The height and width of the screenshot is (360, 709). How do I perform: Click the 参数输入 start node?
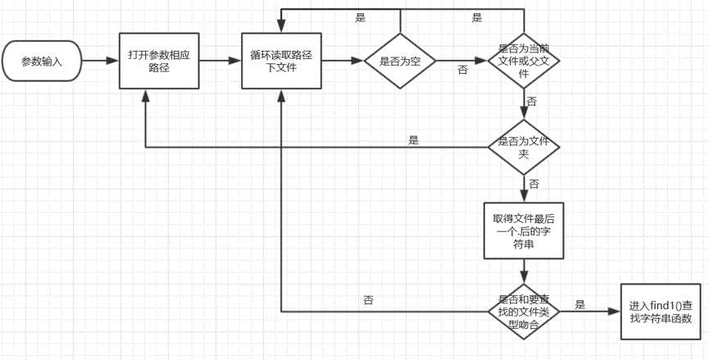(42, 61)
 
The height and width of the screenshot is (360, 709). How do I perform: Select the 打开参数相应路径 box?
(160, 61)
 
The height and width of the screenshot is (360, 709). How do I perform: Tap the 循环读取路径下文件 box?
(280, 61)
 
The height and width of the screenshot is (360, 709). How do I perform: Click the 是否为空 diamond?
(400, 62)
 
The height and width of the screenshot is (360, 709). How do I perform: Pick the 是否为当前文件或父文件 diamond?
(524, 62)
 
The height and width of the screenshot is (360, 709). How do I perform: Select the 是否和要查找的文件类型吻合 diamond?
(524, 311)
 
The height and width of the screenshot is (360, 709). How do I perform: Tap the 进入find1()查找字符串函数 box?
(660, 311)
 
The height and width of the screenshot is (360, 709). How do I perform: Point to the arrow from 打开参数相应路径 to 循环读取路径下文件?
(220, 61)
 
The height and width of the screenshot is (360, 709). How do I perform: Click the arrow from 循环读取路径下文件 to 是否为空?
(342, 61)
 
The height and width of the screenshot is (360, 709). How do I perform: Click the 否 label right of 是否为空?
(463, 71)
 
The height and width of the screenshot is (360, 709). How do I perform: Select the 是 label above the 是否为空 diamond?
(361, 17)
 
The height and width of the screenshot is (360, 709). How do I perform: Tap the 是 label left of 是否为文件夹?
(413, 140)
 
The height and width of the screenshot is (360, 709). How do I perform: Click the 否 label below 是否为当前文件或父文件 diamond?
(532, 102)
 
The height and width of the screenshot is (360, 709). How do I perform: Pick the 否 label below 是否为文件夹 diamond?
(534, 184)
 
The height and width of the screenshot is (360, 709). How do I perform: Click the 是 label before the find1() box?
(580, 304)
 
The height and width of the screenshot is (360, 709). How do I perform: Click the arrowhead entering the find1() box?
(614, 311)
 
